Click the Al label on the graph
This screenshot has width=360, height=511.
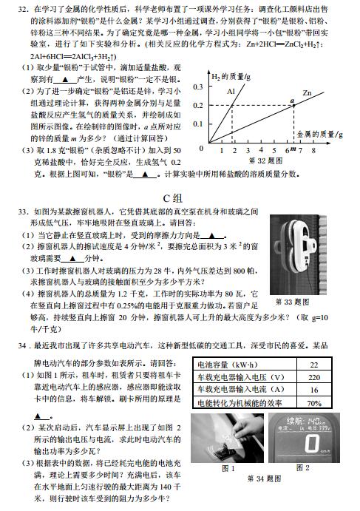pyautogui.click(x=231, y=91)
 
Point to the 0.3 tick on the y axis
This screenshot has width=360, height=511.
pyautogui.click(x=197, y=87)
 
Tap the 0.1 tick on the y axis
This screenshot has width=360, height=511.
pyautogui.click(x=197, y=123)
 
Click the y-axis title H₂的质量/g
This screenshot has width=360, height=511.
pyautogui.click(x=229, y=77)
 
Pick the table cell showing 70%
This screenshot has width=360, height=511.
pyautogui.click(x=313, y=403)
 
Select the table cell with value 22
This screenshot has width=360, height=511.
pyautogui.click(x=313, y=364)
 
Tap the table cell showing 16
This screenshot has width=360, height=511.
pyautogui.click(x=313, y=390)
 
